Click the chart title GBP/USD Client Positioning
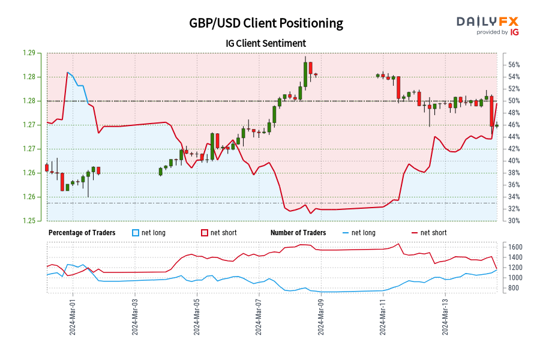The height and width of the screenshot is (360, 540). pos(266,23)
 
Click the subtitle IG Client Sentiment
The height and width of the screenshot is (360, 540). pos(266,43)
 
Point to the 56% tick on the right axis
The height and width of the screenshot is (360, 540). pos(514,65)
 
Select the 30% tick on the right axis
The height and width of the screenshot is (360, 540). pos(514,221)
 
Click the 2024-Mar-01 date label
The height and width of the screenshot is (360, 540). pos(72,316)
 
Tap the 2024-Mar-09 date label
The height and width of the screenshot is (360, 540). pos(321,316)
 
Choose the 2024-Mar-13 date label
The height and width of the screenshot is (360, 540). pos(445,316)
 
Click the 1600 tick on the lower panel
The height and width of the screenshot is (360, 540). pos(515,247)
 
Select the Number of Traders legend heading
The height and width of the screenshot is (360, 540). pos(298,233)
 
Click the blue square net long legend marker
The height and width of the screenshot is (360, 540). pos(136,233)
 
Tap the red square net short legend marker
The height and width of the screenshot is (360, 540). pos(205,233)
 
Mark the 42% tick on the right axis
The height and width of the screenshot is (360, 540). pos(514,149)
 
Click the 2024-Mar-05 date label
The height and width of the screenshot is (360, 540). pos(197,316)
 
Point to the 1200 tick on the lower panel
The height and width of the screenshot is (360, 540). pos(515,268)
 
